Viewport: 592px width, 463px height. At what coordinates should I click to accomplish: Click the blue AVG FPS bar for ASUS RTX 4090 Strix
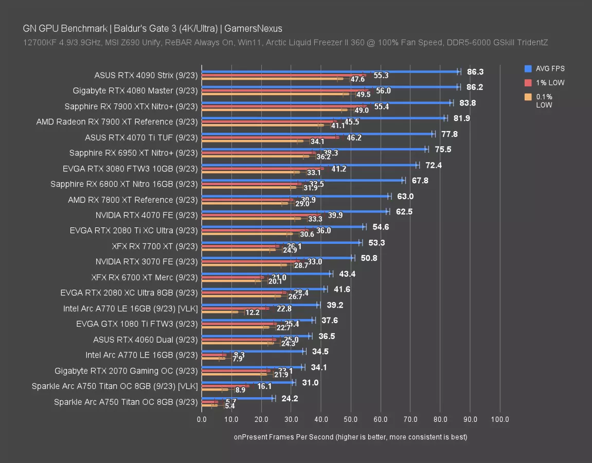tap(329, 72)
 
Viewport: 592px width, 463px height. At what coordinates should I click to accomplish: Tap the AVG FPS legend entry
tap(550, 68)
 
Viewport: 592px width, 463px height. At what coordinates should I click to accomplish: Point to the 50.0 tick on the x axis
tap(351, 419)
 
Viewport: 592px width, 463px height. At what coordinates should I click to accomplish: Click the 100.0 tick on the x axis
tap(500, 419)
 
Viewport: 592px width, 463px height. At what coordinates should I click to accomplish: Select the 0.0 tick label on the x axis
tap(202, 419)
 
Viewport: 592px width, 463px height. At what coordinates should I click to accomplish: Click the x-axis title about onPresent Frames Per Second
tap(350, 437)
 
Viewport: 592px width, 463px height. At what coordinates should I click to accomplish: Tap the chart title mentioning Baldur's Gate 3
tap(153, 29)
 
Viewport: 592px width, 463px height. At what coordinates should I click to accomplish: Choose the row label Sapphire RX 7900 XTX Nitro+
tap(131, 106)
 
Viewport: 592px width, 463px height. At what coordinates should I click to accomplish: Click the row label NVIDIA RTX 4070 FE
tap(147, 215)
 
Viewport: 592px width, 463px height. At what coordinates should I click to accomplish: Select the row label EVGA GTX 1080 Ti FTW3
tap(137, 324)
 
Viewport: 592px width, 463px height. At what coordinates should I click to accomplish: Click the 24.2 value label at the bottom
tap(290, 399)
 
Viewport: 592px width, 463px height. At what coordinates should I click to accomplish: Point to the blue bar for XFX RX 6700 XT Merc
tap(266, 274)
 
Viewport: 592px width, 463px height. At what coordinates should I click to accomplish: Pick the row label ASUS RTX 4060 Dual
tap(146, 340)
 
